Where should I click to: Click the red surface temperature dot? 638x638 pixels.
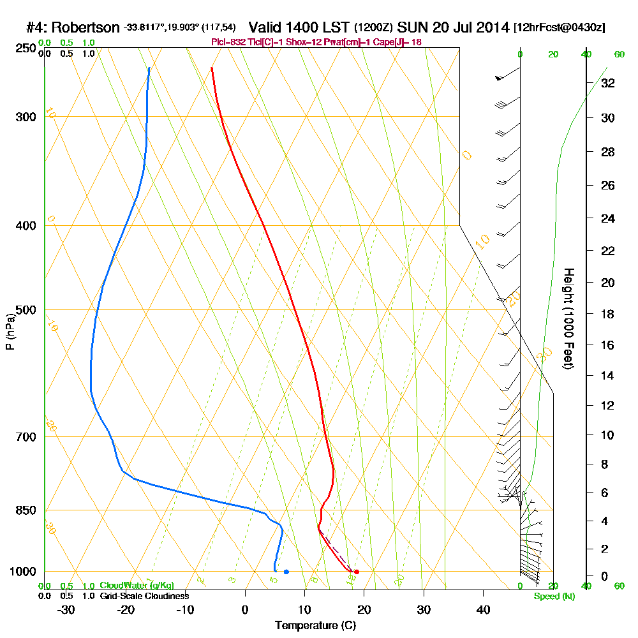click(x=356, y=572)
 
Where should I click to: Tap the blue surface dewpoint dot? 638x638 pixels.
click(x=286, y=572)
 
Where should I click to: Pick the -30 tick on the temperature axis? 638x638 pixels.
click(x=66, y=609)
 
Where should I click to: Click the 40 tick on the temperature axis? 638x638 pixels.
click(x=483, y=609)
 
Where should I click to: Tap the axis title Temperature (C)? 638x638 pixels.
click(x=315, y=625)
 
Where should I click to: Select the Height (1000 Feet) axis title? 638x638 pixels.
click(x=567, y=318)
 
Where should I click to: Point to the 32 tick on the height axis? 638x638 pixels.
click(x=607, y=83)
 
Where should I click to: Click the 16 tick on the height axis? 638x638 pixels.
click(x=607, y=345)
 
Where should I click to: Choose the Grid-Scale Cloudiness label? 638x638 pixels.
click(x=144, y=596)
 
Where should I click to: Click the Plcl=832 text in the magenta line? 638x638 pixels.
click(x=226, y=42)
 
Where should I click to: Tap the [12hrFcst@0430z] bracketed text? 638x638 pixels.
click(x=559, y=28)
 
